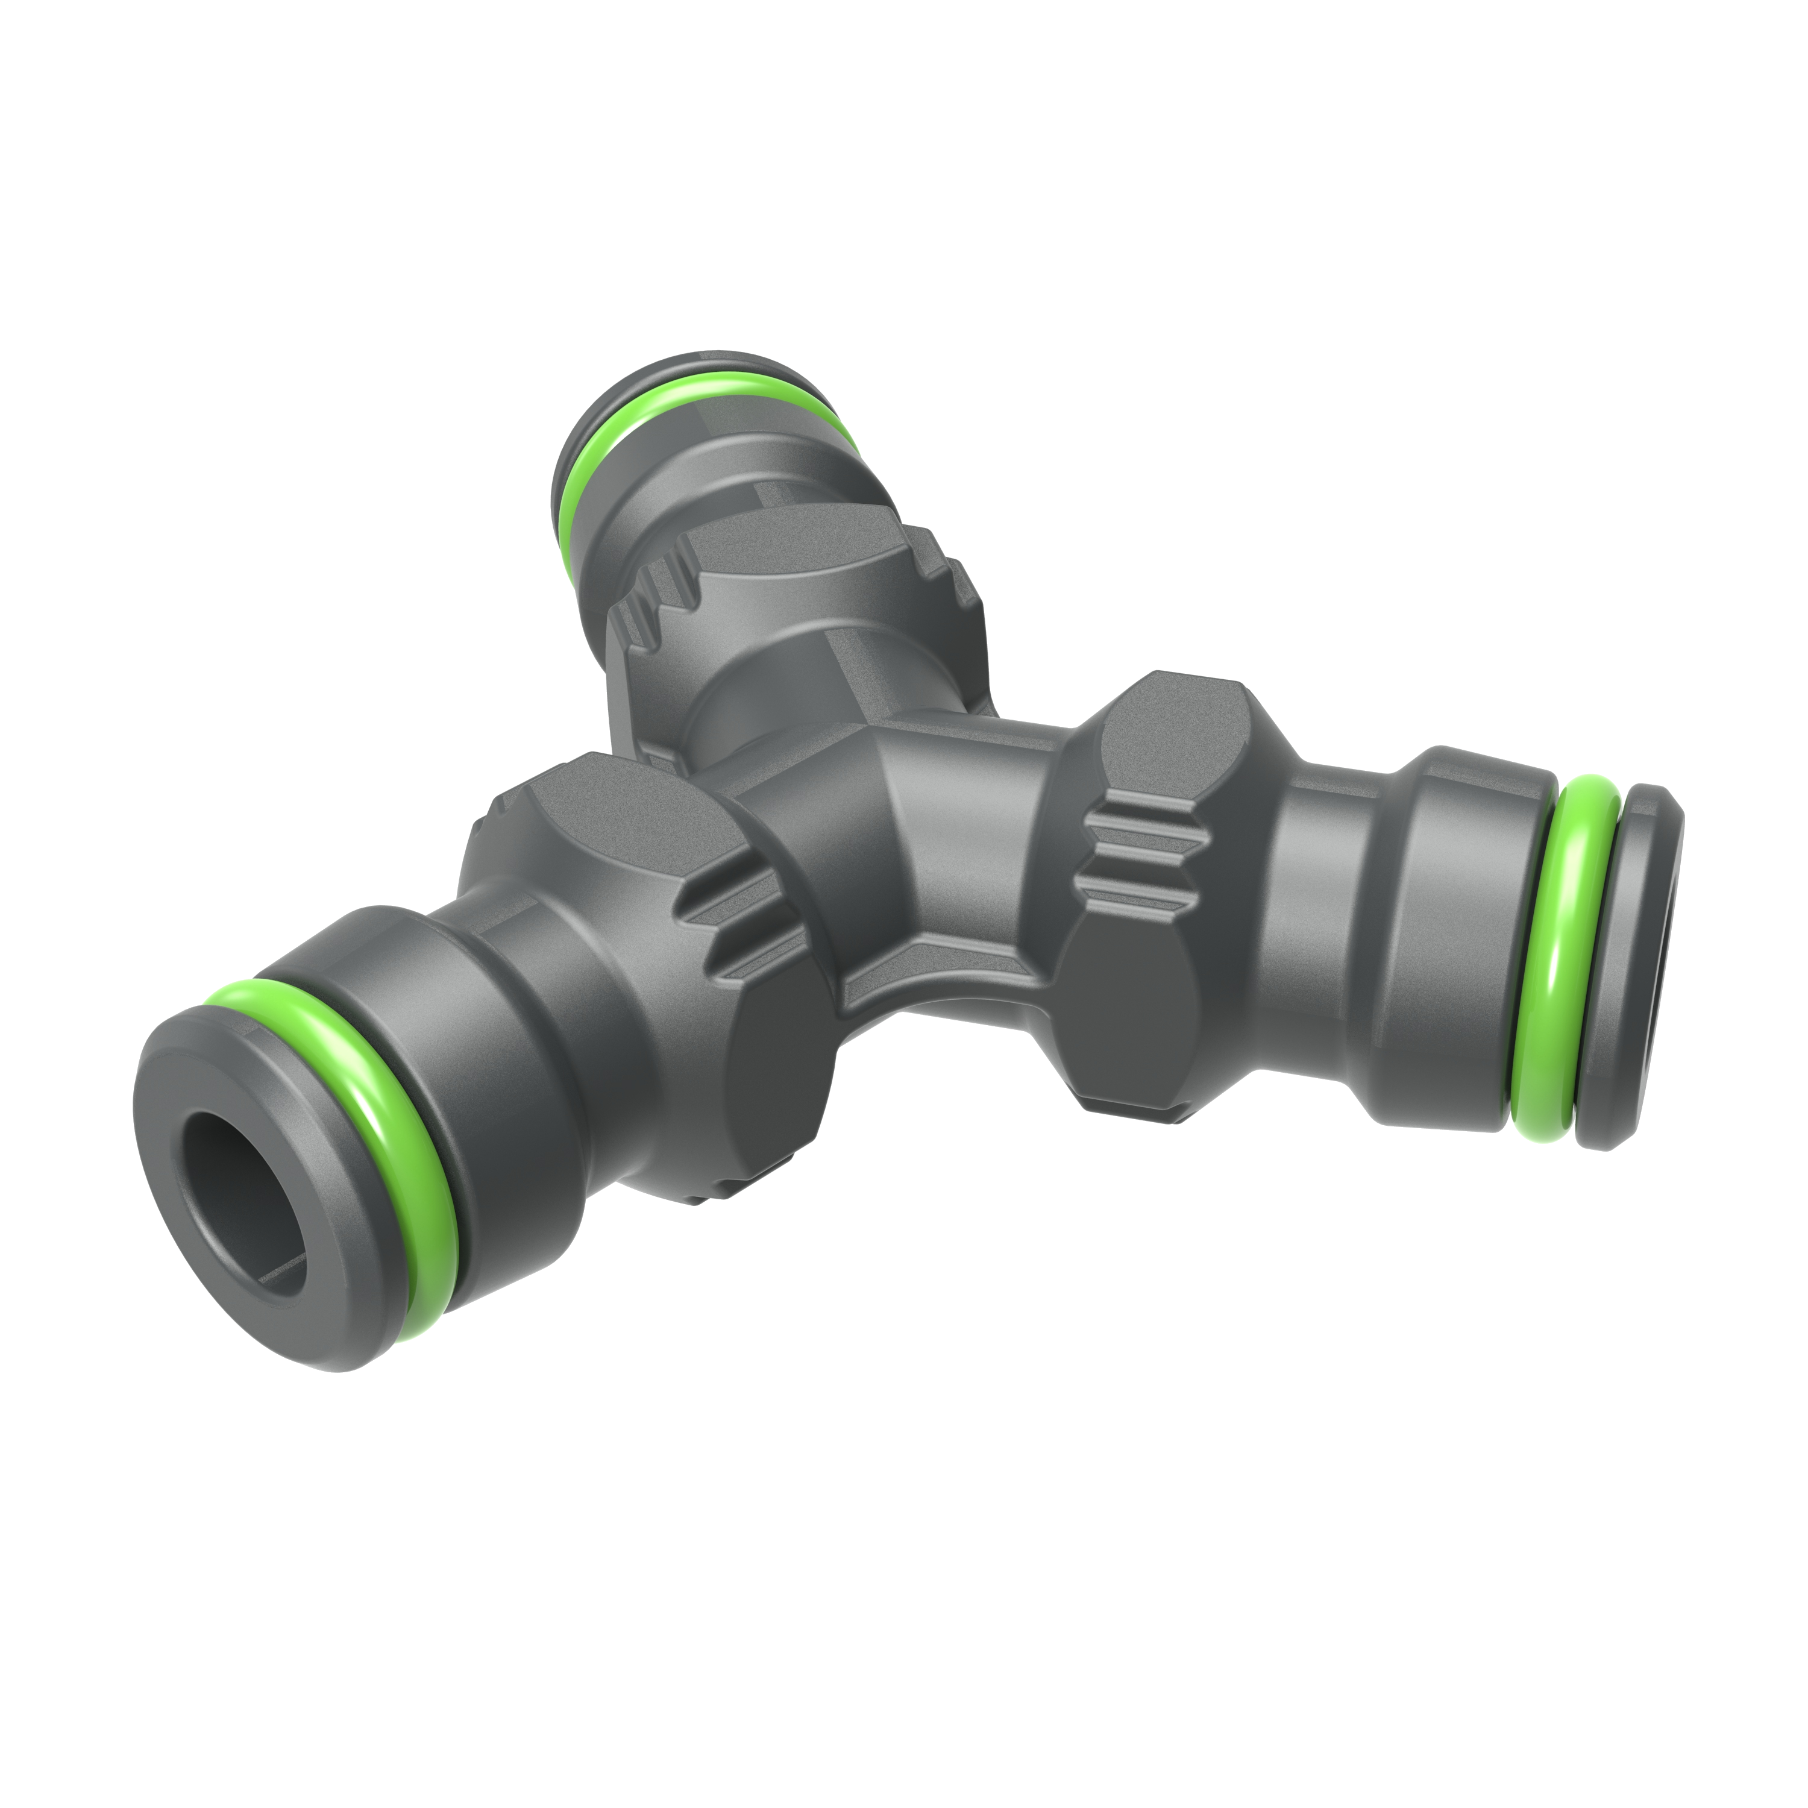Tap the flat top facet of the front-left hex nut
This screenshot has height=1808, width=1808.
click(599, 805)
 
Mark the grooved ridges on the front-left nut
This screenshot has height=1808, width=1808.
click(739, 926)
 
